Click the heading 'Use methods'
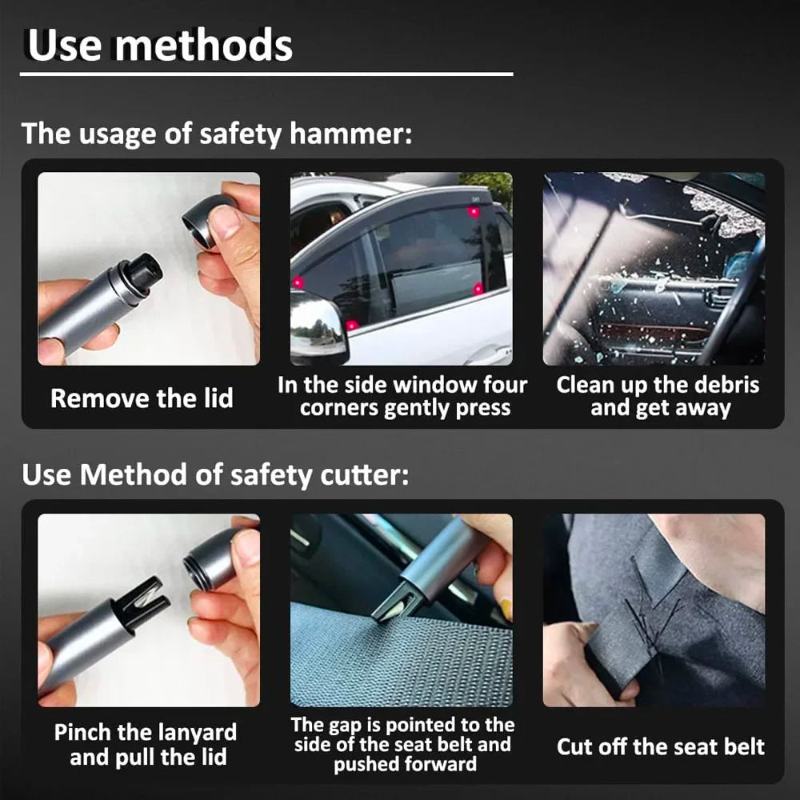coord(160,46)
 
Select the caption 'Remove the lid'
coord(142,398)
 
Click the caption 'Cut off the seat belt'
coord(661,747)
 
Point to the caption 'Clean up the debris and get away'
coord(658,397)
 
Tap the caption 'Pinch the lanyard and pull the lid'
coord(145,745)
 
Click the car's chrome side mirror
coord(318,324)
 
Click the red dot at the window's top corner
coord(473,212)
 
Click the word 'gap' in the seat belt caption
coord(344,726)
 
